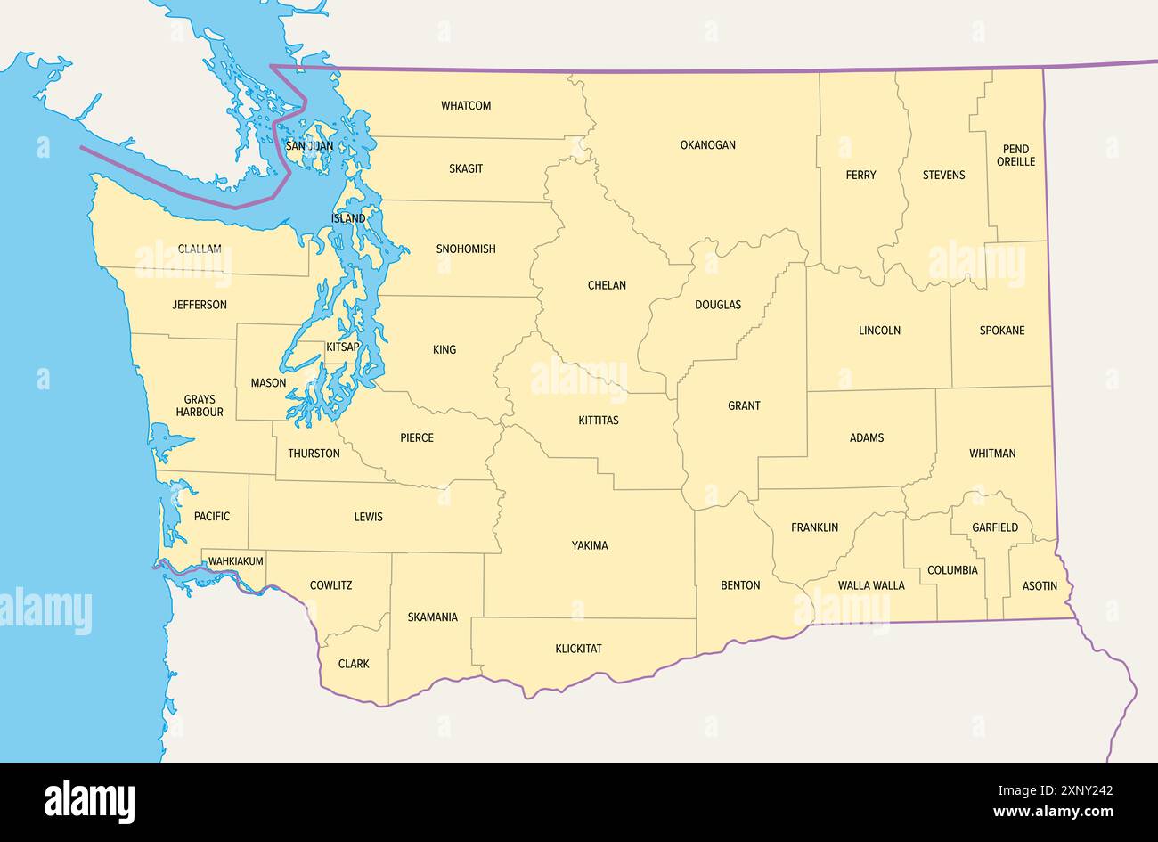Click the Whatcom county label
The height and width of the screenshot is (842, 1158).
point(466,106)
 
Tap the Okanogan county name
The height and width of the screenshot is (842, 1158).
point(707,144)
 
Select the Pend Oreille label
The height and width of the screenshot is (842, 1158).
point(1015,156)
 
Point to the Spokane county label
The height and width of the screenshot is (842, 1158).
point(1001,331)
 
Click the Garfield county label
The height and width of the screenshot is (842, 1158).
point(994,527)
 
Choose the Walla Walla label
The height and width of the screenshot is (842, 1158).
point(870,585)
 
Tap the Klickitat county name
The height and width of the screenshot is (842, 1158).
point(578,649)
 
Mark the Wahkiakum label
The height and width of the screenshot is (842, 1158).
point(235,561)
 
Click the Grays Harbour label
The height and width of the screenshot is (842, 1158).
point(200,406)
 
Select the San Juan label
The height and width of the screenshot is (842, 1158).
point(309,146)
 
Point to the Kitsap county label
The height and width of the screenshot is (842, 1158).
point(343,347)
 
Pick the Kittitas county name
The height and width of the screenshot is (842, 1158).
point(598,420)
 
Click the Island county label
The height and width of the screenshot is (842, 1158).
point(348,218)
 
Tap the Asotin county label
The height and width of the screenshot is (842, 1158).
point(1040,585)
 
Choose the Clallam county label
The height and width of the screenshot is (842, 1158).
point(200,249)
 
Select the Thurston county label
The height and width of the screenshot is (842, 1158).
point(314,454)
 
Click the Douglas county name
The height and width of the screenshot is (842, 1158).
point(717,305)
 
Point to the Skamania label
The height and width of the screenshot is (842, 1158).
point(432,617)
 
